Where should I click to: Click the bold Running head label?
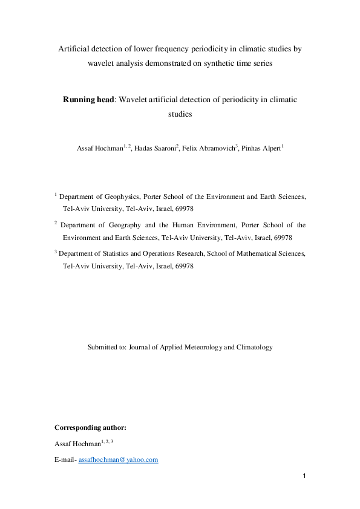point(88,99)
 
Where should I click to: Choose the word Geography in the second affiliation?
point(119,224)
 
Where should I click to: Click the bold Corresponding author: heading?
point(90,428)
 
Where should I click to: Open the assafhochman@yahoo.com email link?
point(119,460)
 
